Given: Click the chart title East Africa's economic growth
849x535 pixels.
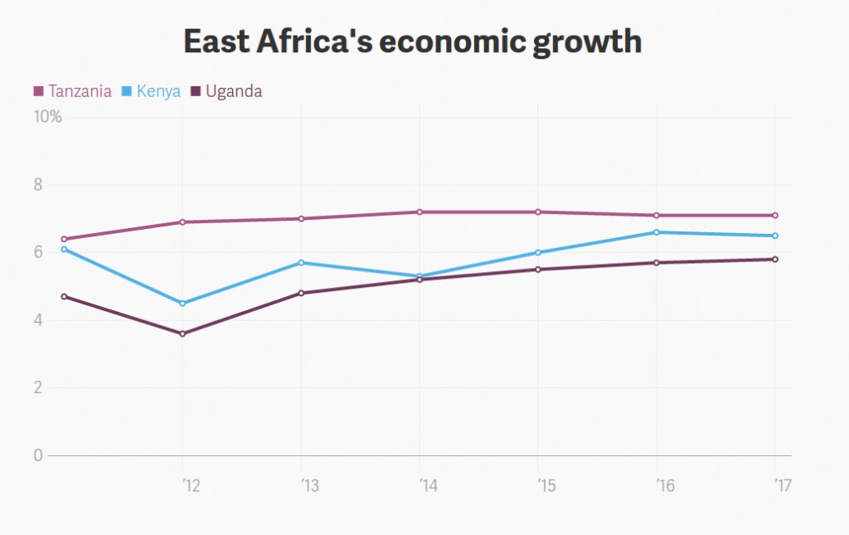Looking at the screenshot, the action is click(x=413, y=42).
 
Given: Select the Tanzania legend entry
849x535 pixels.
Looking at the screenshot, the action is click(x=73, y=91).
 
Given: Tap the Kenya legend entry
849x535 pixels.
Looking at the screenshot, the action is click(x=151, y=91).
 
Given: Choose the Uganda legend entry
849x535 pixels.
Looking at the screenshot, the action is click(x=226, y=91).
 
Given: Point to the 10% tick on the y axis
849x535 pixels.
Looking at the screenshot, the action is click(x=47, y=116).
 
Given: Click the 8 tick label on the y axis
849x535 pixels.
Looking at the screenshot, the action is click(x=38, y=185).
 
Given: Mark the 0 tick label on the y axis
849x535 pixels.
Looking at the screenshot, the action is click(x=38, y=455).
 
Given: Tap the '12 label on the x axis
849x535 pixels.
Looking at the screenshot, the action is click(x=192, y=486).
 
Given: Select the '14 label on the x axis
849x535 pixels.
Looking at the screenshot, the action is click(x=429, y=486).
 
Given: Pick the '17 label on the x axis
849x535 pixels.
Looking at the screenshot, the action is click(x=783, y=486).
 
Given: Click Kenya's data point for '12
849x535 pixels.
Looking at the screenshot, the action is click(x=182, y=304).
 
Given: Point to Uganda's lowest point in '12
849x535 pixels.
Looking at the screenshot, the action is click(x=182, y=333).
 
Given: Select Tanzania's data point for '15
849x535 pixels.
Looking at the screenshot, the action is click(x=537, y=212).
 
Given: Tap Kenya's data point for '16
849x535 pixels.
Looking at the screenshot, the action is click(x=657, y=232).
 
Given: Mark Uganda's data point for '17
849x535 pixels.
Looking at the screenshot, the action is click(x=775, y=260).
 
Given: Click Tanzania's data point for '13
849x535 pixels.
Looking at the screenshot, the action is click(x=301, y=219).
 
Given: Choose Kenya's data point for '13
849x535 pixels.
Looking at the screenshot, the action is click(x=301, y=263).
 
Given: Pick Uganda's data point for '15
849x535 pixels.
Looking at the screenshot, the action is click(x=537, y=270).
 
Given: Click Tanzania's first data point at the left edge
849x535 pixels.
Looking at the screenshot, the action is click(x=64, y=239).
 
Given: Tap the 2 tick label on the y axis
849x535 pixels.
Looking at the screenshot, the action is click(x=38, y=387).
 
